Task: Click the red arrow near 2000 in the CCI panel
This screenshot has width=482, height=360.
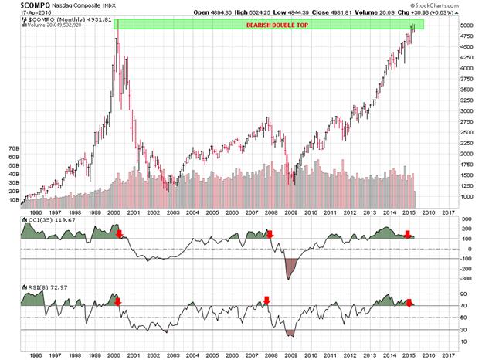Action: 119,233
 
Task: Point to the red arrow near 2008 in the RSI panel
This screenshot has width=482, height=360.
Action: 266,301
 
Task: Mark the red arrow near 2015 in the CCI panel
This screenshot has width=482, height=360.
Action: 408,234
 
